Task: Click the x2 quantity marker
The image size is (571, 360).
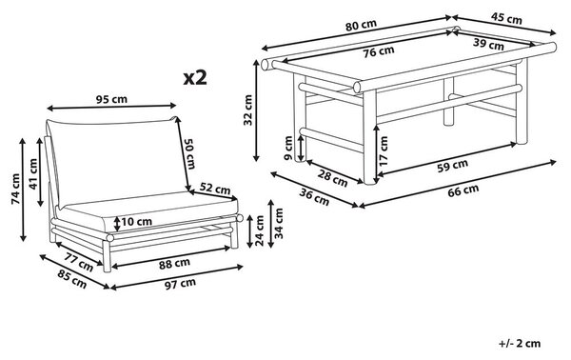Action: [195, 77]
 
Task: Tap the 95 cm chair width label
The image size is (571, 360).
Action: [111, 99]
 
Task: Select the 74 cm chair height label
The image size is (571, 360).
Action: [15, 189]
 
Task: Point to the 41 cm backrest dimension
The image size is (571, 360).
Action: [33, 174]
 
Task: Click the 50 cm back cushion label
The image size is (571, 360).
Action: [190, 154]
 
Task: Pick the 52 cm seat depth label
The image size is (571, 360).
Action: [215, 189]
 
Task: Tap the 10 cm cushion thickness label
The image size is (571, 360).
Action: [136, 222]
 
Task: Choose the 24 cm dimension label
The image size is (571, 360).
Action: [260, 230]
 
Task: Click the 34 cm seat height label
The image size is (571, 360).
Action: [279, 223]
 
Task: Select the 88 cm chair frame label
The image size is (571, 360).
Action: [174, 264]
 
